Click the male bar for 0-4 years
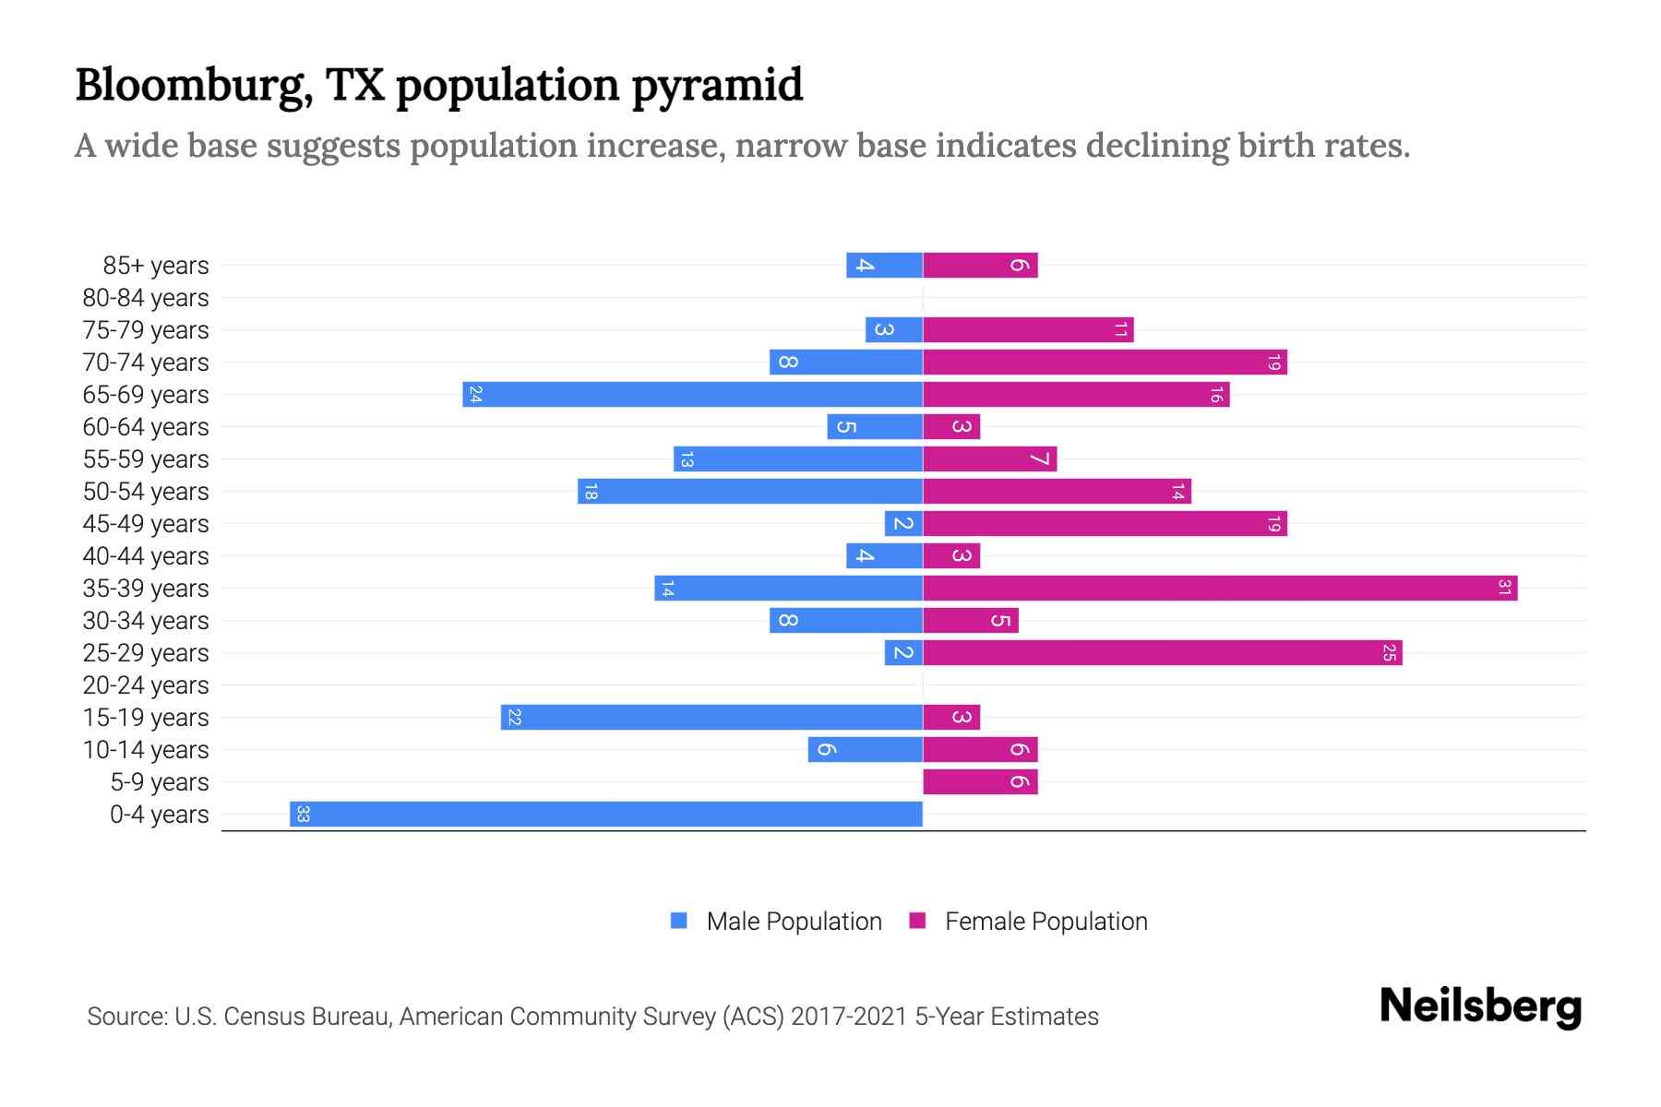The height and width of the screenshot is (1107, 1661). coord(605,814)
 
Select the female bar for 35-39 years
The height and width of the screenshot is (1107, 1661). coord(1220,588)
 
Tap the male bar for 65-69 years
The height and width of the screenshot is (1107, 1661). coord(692,394)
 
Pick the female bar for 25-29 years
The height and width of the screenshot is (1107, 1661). coord(1163,652)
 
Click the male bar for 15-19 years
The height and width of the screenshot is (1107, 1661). coord(711,717)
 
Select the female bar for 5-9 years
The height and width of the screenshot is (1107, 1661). coord(980,781)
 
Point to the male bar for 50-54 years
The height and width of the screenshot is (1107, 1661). coord(749,491)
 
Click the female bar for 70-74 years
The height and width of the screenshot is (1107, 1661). coord(1105,362)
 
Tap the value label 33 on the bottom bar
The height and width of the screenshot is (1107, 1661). coord(303,814)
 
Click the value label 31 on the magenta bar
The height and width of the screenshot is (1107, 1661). coord(1504,588)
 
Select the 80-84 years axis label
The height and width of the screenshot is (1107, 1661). coord(146,298)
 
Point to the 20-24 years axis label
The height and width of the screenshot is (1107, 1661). coord(146,685)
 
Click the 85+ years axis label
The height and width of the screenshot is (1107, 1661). coord(156,266)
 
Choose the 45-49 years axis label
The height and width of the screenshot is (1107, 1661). coord(146,524)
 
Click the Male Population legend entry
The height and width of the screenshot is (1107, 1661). coord(794,921)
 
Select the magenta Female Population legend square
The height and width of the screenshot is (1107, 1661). coord(917,921)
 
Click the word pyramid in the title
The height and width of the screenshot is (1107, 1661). coord(717,86)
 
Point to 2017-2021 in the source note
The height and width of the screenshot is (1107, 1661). coord(849,1017)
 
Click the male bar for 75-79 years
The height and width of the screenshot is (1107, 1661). coord(893,329)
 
